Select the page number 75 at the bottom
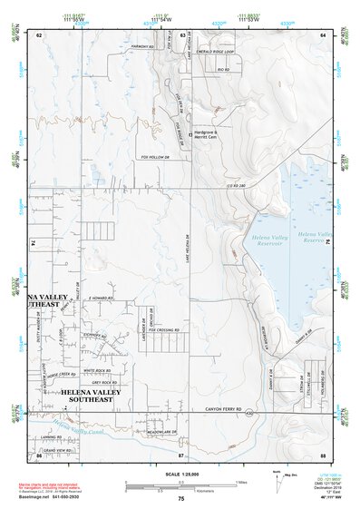[181, 499]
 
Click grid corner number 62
[40, 34]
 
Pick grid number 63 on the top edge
[183, 34]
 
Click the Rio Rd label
[224, 69]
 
